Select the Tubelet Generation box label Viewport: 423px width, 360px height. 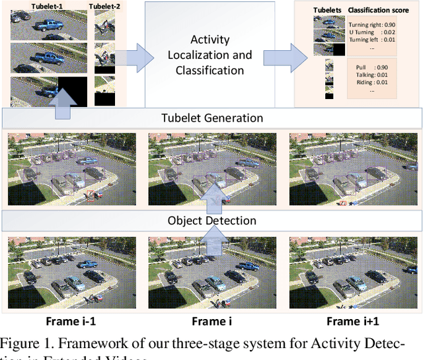pos(212,118)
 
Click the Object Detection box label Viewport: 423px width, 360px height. pos(212,220)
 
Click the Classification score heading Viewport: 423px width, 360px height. pos(381,11)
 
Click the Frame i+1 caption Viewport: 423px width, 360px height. pos(353,322)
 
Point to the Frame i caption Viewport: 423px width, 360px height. pos(212,322)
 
